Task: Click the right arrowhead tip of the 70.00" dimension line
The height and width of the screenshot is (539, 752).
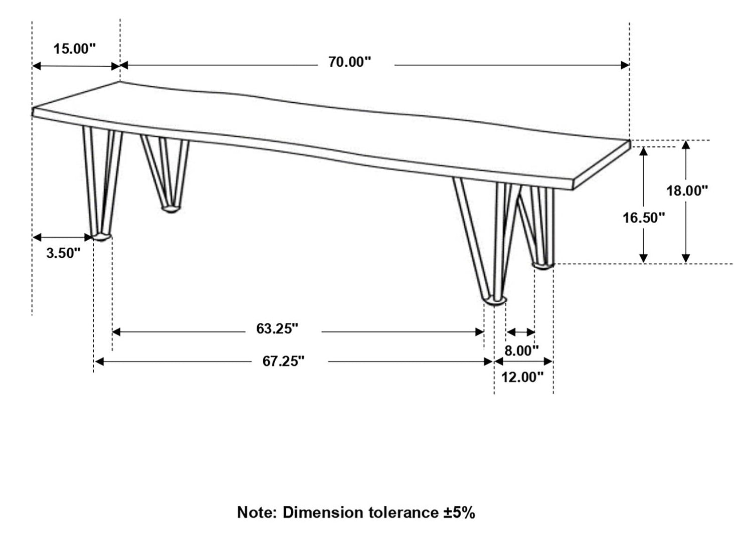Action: [629, 65]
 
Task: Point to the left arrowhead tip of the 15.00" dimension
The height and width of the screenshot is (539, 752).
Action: [32, 66]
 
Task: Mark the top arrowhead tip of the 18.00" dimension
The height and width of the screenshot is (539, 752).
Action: [686, 141]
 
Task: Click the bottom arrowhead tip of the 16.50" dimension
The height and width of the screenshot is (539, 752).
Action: [643, 263]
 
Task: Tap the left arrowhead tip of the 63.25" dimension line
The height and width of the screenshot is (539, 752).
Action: [112, 332]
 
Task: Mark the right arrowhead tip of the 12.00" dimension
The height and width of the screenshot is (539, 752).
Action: [552, 362]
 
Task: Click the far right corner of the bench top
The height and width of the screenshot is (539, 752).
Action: [630, 140]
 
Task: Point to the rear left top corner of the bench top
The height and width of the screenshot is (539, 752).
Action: [119, 82]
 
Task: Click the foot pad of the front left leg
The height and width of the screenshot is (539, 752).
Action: [101, 237]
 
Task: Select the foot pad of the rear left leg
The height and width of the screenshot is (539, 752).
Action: [171, 210]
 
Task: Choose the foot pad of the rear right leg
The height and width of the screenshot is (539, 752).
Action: [543, 266]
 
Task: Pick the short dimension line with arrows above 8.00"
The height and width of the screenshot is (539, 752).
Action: [520, 332]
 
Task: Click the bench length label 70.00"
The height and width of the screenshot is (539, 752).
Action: [350, 62]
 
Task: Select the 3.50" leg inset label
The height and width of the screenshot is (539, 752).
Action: [64, 253]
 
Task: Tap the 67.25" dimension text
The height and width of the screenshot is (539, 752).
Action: [283, 362]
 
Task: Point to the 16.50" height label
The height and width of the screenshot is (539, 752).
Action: [644, 218]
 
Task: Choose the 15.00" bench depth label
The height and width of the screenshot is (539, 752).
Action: [75, 49]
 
